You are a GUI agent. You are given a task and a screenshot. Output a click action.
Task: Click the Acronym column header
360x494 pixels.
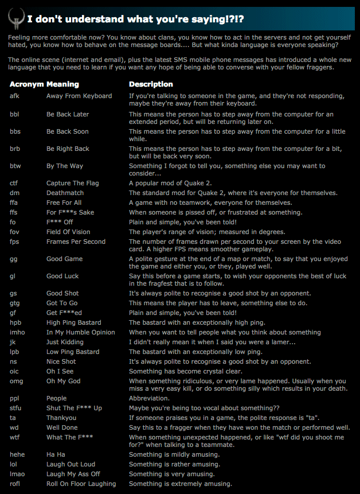26,84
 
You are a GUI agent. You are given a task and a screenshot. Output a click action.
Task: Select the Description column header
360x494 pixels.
151,84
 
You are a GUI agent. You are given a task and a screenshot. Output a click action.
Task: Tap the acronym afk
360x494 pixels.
14,96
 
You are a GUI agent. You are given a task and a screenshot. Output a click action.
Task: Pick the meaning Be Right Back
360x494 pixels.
68,149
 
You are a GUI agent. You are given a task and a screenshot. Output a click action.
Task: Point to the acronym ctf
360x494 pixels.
14,183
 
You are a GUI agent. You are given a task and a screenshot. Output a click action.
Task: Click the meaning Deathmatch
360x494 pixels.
65,193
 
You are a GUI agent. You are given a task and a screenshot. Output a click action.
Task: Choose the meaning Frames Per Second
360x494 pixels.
76,242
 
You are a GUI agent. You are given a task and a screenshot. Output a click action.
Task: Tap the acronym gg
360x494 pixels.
13,259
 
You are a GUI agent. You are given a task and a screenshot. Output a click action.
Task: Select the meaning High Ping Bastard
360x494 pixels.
73,322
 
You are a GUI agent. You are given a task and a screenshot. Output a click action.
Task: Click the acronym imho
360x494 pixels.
17,332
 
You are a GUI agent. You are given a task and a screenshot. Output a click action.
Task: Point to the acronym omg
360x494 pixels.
16,381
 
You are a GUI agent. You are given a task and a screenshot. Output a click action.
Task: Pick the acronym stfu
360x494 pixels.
15,408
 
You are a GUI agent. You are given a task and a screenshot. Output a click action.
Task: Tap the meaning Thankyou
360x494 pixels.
61,418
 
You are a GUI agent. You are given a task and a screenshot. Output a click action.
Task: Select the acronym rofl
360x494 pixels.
15,484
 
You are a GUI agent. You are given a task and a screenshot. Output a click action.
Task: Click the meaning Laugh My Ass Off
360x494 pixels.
73,474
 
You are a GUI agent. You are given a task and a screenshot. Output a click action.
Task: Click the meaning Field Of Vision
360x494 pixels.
68,232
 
